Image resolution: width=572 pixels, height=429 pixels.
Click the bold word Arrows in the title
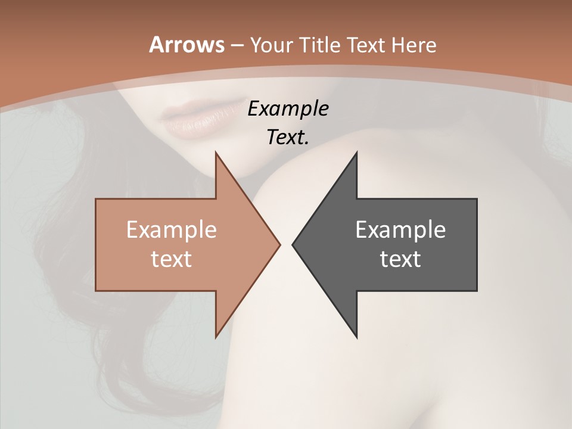pos(187,45)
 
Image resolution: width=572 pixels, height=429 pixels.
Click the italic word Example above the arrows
pos(288,108)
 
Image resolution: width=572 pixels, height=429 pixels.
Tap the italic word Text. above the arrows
pos(288,137)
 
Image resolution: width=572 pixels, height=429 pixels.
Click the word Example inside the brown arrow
pos(172,229)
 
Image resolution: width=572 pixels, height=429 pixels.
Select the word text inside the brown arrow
pos(172,259)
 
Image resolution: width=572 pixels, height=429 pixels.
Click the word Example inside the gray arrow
pos(400,229)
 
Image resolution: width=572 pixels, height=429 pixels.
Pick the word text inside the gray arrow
pos(400,259)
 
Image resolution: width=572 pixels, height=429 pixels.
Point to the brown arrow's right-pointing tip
pos(279,244)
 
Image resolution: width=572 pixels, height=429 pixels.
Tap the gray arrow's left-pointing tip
pos(293,244)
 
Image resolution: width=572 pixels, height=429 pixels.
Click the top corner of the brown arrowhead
pos(216,153)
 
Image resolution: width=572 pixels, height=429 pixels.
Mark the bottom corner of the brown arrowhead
pos(216,337)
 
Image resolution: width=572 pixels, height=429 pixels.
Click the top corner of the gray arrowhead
pos(356,153)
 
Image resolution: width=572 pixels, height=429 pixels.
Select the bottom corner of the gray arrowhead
pos(356,337)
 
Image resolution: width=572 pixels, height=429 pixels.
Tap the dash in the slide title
pos(237,46)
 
